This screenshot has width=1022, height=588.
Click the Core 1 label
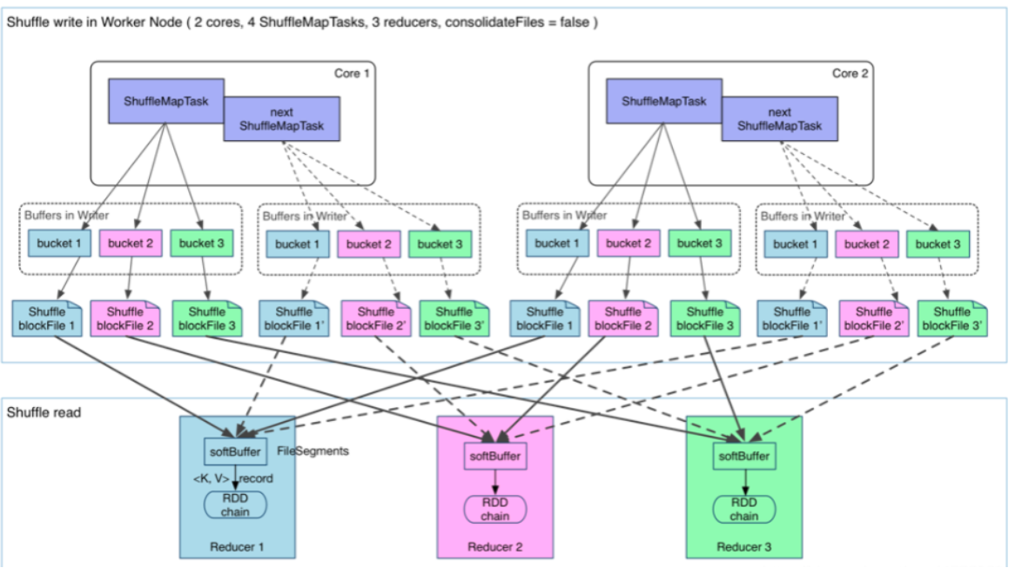(352, 73)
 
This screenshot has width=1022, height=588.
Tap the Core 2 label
(850, 73)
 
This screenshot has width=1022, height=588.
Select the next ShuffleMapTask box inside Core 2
(779, 119)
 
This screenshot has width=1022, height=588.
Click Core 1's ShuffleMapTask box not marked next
(165, 102)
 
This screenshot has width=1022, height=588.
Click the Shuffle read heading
(44, 411)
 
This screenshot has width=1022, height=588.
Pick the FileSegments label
(313, 451)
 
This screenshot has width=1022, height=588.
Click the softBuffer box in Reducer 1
(235, 451)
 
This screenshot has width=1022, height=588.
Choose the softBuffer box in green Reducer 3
(743, 455)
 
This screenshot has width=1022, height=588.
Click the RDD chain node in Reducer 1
(235, 505)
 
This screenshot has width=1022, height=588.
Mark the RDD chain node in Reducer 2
(494, 510)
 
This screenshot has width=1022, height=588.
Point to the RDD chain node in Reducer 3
(743, 510)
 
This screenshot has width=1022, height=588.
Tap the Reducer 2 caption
(494, 547)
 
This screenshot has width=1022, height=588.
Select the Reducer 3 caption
(743, 547)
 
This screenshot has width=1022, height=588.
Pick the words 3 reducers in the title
(405, 22)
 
